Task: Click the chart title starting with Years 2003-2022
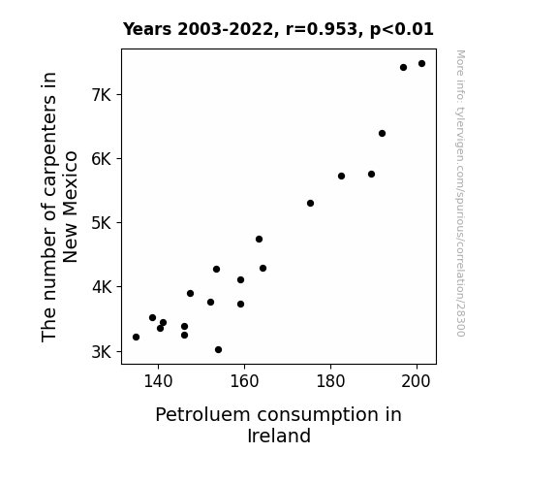278,29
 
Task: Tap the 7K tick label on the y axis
102,95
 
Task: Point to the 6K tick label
102,159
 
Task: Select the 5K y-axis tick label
102,223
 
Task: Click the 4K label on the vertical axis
102,287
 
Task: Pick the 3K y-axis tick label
102,351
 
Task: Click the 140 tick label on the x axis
158,381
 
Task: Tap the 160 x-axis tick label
244,381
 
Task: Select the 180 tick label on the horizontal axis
330,381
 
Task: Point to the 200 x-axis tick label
416,381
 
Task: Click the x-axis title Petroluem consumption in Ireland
279,425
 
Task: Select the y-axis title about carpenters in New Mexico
59,207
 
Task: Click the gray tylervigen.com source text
460,193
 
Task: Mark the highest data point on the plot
421,64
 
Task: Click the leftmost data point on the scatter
136,337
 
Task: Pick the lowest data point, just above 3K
219,350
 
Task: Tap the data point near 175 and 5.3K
311,203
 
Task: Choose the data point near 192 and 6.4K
383,134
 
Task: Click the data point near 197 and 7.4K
403,68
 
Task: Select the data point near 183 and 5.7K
341,177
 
